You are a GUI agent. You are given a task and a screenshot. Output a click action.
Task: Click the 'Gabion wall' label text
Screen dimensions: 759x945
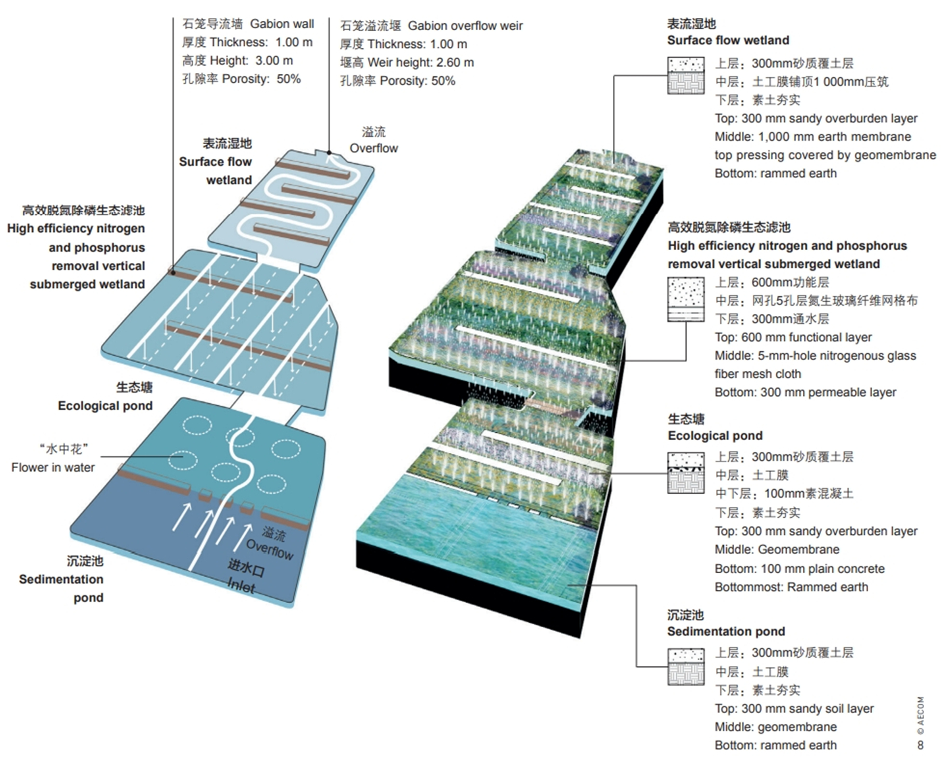282,24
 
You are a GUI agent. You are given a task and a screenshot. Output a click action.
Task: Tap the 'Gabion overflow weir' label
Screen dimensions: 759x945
465,26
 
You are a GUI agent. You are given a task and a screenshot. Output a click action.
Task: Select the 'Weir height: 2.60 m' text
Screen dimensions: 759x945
421,62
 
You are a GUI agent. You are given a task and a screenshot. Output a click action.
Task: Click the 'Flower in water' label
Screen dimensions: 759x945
53,467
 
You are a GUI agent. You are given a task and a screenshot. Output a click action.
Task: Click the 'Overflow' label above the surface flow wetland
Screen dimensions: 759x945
374,148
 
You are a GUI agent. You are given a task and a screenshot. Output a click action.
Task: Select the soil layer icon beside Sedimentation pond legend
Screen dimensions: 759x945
686,666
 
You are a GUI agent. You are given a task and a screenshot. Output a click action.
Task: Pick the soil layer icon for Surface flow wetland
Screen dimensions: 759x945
686,76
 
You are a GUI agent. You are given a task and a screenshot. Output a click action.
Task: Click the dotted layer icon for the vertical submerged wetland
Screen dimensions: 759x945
686,299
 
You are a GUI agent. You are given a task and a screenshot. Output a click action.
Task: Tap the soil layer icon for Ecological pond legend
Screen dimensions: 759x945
686,473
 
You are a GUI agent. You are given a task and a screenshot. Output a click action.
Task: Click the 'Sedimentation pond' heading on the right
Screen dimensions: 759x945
726,631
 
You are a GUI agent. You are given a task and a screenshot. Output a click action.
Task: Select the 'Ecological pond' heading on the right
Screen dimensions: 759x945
715,436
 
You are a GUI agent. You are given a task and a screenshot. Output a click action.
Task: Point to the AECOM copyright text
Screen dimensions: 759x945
920,717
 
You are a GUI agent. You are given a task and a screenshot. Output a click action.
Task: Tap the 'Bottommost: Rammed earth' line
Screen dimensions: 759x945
791,587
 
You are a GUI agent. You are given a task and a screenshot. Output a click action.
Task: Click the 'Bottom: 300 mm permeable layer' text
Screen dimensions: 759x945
805,392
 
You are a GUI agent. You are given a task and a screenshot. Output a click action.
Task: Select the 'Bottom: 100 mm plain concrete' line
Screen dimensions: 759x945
799,568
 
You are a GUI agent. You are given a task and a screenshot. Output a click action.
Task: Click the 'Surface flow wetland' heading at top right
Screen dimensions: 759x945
728,40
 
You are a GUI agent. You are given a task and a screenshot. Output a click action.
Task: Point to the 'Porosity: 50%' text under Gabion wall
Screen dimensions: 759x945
261,79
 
